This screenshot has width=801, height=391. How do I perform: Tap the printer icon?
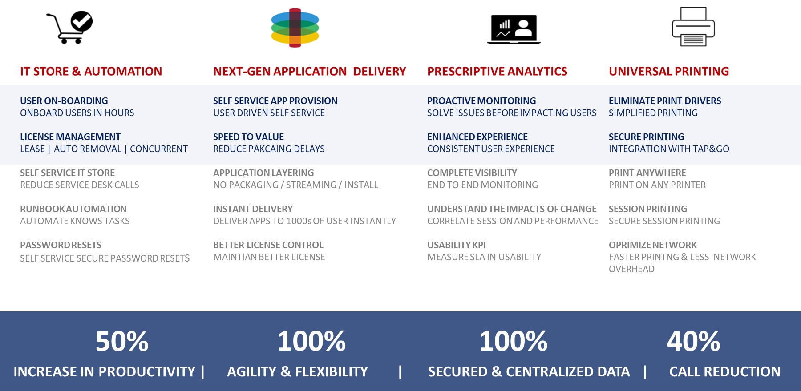tap(693, 27)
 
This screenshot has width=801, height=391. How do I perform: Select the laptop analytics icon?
tap(514, 29)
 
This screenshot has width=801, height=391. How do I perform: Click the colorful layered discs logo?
tap(295, 28)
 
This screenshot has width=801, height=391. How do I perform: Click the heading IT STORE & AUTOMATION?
tap(91, 71)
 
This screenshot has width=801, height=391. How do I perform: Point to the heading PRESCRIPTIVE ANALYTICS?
tap(497, 71)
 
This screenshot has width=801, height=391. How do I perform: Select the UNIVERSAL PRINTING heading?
tap(669, 71)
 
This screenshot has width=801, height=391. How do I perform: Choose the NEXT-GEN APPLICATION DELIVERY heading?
tap(309, 71)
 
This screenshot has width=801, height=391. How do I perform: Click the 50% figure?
tap(122, 341)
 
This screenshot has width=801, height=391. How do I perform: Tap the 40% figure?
tap(693, 341)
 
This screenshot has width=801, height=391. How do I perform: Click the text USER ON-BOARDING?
tap(64, 101)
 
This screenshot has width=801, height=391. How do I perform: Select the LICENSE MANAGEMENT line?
tap(70, 137)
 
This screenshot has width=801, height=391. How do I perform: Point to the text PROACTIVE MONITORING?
tap(481, 101)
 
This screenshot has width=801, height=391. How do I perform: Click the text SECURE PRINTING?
tap(646, 137)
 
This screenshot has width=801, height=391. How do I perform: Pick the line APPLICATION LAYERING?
tap(263, 173)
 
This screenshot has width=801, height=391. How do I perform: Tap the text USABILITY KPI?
tap(456, 245)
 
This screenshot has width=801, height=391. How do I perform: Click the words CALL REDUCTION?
tap(725, 371)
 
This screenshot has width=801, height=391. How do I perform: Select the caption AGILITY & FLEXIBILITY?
tap(297, 371)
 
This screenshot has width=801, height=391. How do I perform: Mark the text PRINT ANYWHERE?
tap(647, 173)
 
